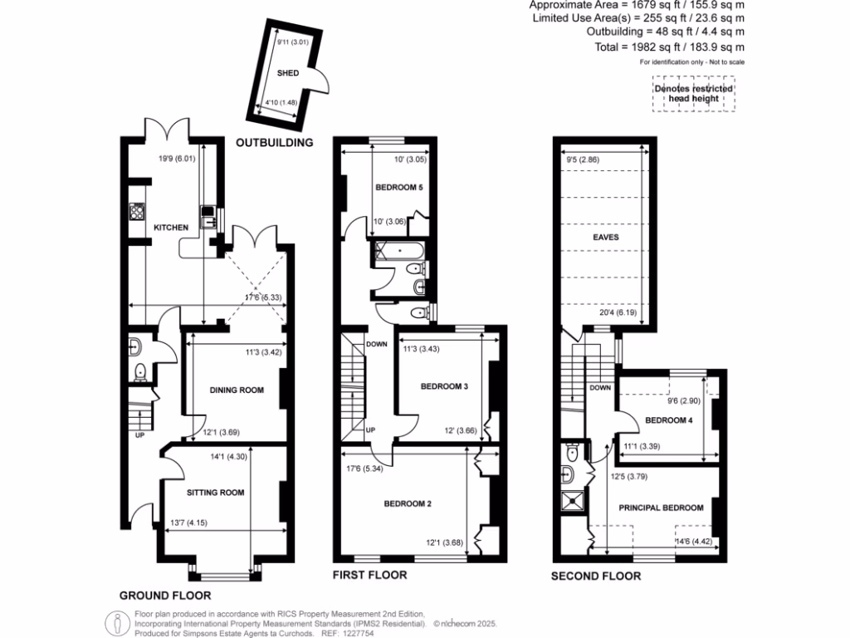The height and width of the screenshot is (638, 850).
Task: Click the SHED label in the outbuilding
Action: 287,74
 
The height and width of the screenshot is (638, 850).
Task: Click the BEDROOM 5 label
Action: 399,188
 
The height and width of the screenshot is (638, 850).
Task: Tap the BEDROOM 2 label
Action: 408,503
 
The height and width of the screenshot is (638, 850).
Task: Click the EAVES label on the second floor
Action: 605,237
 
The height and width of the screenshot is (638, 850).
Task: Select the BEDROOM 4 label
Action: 669,420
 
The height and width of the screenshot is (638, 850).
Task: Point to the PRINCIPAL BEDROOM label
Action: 661,508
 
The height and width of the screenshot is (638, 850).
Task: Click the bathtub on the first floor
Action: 400,249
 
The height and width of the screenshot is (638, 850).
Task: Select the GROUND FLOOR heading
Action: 164,595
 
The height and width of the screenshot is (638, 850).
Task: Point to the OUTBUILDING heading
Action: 275,142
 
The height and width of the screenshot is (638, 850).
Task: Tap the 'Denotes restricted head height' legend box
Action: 693,96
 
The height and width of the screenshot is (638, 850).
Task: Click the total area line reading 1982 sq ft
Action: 669,47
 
